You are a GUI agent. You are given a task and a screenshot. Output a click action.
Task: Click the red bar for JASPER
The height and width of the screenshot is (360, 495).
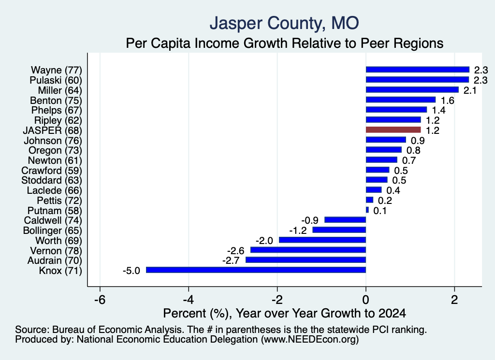pyautogui.click(x=393, y=130)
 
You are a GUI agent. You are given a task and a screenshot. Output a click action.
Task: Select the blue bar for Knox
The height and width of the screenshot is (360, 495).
pyautogui.click(x=256, y=270)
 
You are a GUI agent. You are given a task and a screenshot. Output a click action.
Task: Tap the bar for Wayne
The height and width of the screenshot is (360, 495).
pyautogui.click(x=418, y=70)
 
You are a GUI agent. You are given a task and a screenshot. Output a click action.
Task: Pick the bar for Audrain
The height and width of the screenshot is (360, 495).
pyautogui.click(x=306, y=259)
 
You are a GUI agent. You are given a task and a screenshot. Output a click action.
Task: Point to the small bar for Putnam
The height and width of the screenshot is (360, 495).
pyautogui.click(x=367, y=210)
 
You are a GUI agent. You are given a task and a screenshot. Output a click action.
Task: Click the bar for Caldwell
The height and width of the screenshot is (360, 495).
pyautogui.click(x=345, y=219)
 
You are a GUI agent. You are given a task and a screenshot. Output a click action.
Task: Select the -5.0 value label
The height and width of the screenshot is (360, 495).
pyautogui.click(x=131, y=271)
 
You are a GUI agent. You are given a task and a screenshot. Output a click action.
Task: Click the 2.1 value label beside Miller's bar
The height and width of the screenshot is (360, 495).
pyautogui.click(x=470, y=90)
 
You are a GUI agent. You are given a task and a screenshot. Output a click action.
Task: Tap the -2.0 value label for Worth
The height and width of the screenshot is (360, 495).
pyautogui.click(x=264, y=241)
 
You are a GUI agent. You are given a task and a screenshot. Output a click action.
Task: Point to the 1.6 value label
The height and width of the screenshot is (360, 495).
pyautogui.click(x=447, y=101)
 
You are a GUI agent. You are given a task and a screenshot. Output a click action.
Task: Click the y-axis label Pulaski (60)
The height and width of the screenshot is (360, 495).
pyautogui.click(x=56, y=80)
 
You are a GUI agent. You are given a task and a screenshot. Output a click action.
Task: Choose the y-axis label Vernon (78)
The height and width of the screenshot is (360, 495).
pyautogui.click(x=56, y=250)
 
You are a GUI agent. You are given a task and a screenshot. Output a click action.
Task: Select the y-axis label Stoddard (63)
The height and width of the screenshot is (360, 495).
pyautogui.click(x=52, y=180)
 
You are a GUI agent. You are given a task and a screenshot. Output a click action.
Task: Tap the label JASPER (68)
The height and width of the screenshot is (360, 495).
pyautogui.click(x=52, y=130)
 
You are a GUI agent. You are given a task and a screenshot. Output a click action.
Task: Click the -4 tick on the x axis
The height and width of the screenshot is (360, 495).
pyautogui.click(x=189, y=300)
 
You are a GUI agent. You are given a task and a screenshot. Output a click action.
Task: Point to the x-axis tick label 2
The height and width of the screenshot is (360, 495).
pyautogui.click(x=454, y=300)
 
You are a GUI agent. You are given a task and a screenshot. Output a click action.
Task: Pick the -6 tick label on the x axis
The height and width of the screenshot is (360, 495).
pyautogui.click(x=100, y=300)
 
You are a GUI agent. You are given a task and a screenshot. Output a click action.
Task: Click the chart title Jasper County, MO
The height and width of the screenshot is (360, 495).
pyautogui.click(x=284, y=23)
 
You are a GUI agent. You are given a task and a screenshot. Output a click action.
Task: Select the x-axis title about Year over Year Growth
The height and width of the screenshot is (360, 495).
pyautogui.click(x=284, y=313)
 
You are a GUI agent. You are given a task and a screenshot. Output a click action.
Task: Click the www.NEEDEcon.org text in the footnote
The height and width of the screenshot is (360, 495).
pyautogui.click(x=310, y=340)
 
